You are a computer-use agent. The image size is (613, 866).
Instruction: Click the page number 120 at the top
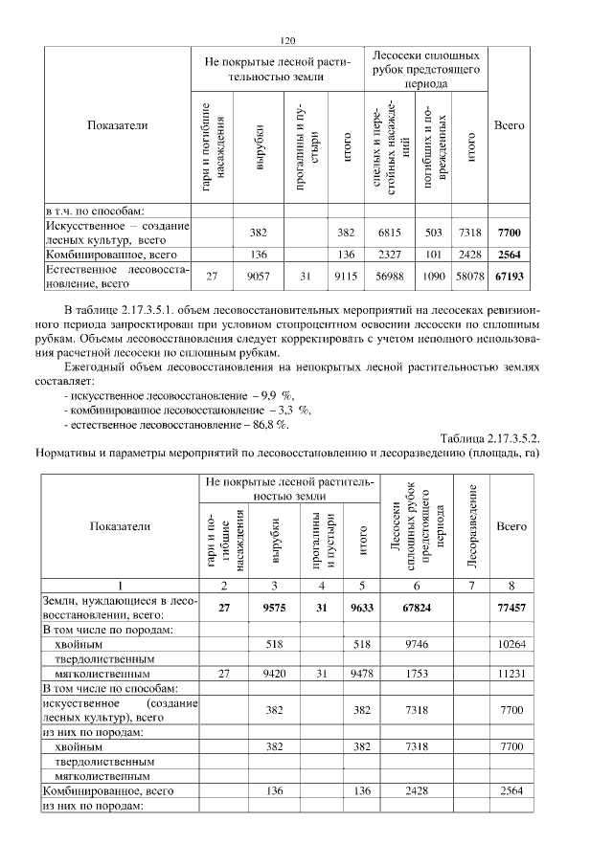(287, 40)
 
